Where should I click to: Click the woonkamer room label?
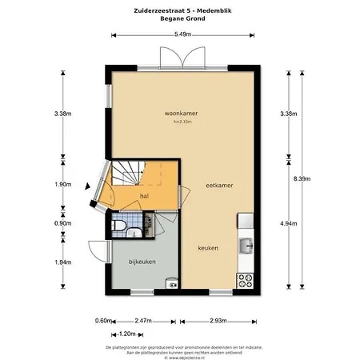pyautogui.click(x=181, y=114)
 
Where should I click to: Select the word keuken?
pyautogui.click(x=209, y=248)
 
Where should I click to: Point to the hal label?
pyautogui.click(x=144, y=195)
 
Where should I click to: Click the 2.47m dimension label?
pyautogui.click(x=144, y=321)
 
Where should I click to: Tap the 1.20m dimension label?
pyautogui.click(x=126, y=334)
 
